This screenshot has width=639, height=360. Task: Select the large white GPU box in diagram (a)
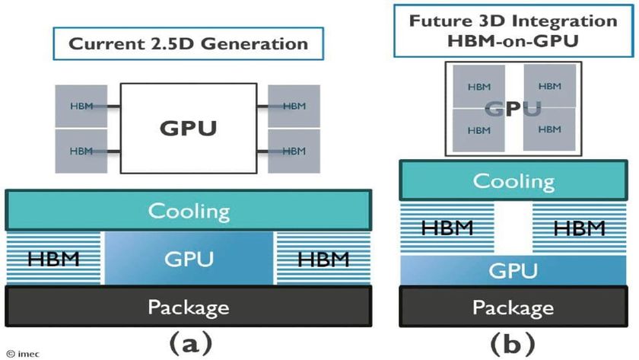188,128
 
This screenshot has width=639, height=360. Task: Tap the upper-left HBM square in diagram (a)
81,107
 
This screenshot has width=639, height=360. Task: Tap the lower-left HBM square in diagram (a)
81,149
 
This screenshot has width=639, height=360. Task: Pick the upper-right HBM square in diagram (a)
294,107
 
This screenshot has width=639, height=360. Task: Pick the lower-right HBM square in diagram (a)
294,149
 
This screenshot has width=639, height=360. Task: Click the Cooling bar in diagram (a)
188,211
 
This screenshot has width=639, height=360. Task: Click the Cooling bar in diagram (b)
513,181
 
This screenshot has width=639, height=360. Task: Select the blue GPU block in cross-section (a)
188,259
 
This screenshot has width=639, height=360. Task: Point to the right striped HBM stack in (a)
323,259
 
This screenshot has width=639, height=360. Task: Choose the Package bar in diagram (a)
188,307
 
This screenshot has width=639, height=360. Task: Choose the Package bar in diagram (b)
513,307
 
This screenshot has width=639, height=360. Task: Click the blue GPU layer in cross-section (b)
513,270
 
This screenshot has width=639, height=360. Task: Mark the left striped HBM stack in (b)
447,228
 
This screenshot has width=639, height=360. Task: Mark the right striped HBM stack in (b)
580,228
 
